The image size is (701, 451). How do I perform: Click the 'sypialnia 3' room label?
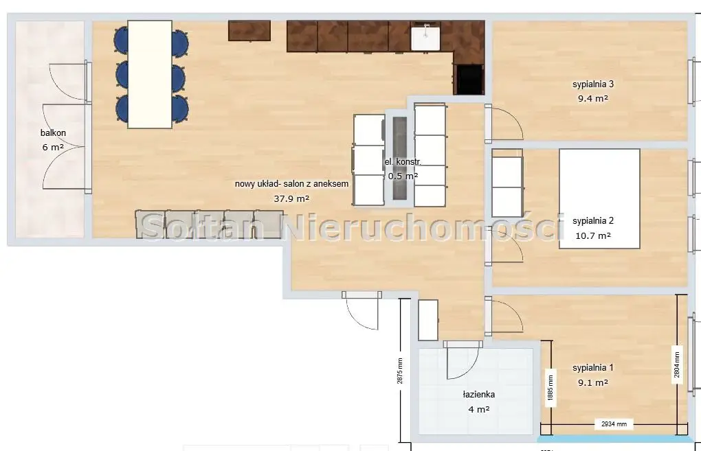click(592, 84)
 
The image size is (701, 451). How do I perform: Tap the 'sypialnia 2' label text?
click(592, 221)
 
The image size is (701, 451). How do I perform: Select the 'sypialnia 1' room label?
click(592, 367)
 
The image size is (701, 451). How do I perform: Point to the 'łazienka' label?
click(478, 395)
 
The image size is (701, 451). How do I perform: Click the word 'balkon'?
click(53, 133)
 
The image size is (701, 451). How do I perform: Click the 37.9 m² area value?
click(291, 198)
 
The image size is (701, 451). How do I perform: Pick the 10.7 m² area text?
click(593, 235)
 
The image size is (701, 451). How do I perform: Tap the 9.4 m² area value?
click(593, 98)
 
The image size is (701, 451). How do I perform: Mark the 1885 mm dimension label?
click(549, 385)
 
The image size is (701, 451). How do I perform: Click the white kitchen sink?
click(425, 36)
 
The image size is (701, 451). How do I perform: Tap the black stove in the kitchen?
click(469, 79)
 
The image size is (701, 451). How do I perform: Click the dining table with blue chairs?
click(150, 74)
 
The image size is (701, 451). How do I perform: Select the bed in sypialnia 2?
click(599, 199)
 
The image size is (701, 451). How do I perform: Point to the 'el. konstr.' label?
click(403, 162)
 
